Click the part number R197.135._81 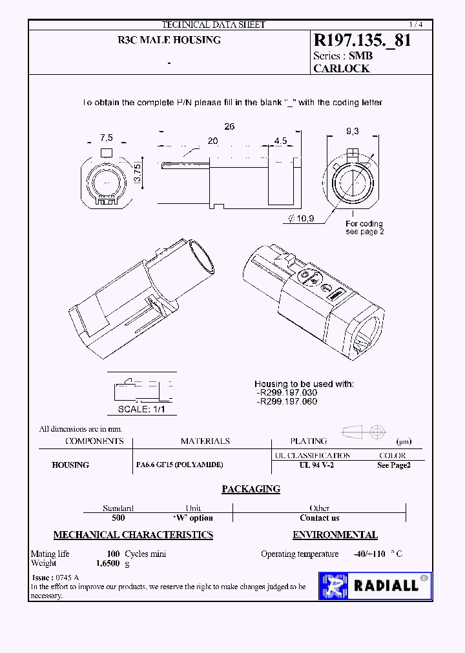point(362,41)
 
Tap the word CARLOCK point(341,68)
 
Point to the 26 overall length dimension point(229,126)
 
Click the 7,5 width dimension point(107,137)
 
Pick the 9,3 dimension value point(353,131)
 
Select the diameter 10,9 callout point(302,219)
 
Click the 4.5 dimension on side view point(280,141)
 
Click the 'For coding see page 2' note point(364,228)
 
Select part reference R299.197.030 point(287,392)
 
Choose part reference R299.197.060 point(287,401)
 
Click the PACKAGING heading point(251,489)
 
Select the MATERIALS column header point(205,441)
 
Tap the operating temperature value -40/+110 point(369,554)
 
